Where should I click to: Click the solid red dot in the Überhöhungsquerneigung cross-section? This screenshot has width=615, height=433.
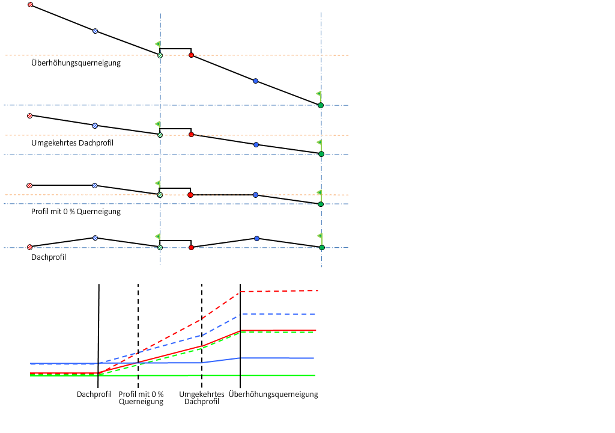point(191,55)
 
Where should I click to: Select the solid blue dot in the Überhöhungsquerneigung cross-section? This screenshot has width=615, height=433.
point(255,81)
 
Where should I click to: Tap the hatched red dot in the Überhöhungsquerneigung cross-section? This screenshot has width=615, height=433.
point(30,5)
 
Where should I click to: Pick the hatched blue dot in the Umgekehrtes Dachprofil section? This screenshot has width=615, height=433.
point(94,126)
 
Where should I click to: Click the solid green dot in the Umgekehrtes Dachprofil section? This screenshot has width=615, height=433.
point(321,155)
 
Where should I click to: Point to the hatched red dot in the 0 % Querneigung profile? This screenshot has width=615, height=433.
point(29,185)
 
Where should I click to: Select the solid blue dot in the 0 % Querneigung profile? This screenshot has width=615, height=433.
point(255,195)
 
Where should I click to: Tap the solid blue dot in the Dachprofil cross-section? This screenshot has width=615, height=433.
point(256,239)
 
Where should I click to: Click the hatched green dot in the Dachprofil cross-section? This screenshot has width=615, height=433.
point(160,247)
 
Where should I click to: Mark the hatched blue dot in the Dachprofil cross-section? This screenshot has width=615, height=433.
point(94,238)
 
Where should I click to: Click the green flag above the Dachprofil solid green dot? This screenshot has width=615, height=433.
point(320,236)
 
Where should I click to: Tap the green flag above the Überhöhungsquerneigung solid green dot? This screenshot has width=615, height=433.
point(318,94)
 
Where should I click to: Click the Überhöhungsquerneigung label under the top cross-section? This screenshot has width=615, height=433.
point(76,63)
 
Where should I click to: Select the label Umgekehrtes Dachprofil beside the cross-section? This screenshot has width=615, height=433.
point(72,143)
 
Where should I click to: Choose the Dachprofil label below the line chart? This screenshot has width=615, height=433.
point(94,395)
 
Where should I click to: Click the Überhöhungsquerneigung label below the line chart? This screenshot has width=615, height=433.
point(273,395)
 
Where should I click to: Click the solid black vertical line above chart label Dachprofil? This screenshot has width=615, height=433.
point(98,325)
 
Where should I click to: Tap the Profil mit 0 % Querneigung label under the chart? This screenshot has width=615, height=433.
point(141,398)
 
